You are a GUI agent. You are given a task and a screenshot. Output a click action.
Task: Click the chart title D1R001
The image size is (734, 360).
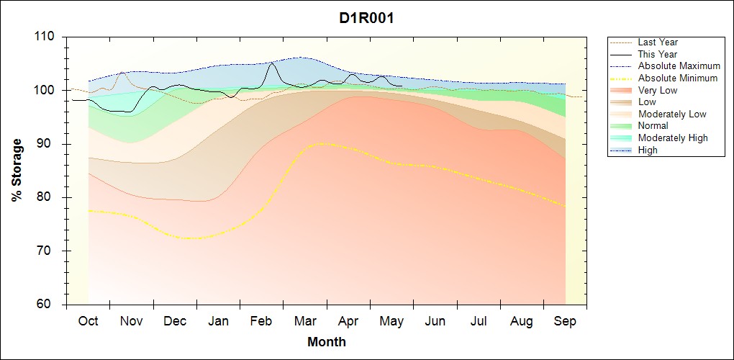367,18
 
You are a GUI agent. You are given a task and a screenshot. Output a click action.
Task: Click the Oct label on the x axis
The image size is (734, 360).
88,322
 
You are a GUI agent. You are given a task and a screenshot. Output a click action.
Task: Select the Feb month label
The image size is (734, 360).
261,322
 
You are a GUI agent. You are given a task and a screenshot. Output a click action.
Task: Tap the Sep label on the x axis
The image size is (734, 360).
565,322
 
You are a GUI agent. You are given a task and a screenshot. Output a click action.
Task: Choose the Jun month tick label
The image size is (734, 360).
435,322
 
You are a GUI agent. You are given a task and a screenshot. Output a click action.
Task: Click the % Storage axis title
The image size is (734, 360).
17,171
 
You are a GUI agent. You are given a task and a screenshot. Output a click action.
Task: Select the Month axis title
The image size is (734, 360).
327,342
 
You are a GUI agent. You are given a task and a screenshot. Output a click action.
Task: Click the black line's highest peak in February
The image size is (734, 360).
272,63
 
